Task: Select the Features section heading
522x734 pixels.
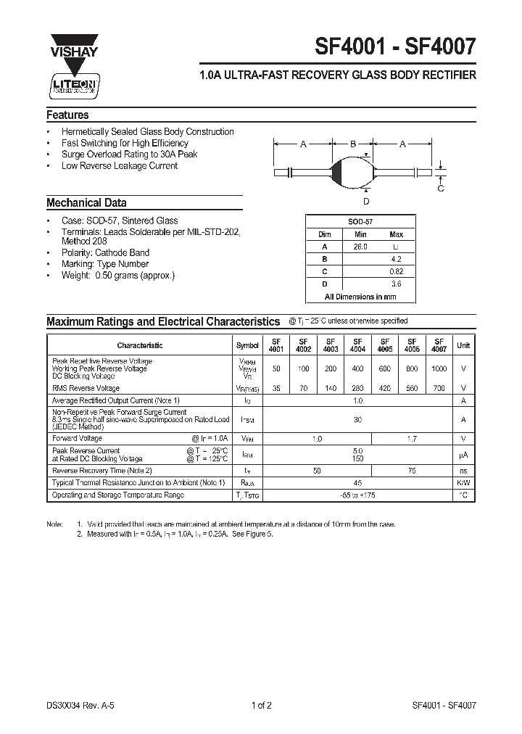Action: [67, 115]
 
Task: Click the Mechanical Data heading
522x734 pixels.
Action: [86, 203]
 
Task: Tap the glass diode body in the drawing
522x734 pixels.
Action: [353, 172]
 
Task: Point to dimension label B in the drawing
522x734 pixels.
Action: [353, 144]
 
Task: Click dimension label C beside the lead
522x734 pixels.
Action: [441, 188]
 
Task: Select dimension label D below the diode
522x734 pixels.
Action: [366, 201]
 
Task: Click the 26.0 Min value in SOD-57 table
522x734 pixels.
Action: [361, 247]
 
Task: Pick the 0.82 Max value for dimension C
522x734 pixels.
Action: [397, 271]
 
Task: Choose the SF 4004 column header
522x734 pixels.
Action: [357, 345]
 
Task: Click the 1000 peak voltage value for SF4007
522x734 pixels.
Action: [439, 368]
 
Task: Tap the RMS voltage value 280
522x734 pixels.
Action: [357, 389]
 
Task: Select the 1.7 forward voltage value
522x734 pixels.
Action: [411, 439]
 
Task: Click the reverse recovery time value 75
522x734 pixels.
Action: [411, 471]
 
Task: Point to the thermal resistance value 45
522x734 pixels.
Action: [357, 483]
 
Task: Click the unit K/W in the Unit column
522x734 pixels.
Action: [463, 483]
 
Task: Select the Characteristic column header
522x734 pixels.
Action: [140, 346]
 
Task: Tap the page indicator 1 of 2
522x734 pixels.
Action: [261, 705]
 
